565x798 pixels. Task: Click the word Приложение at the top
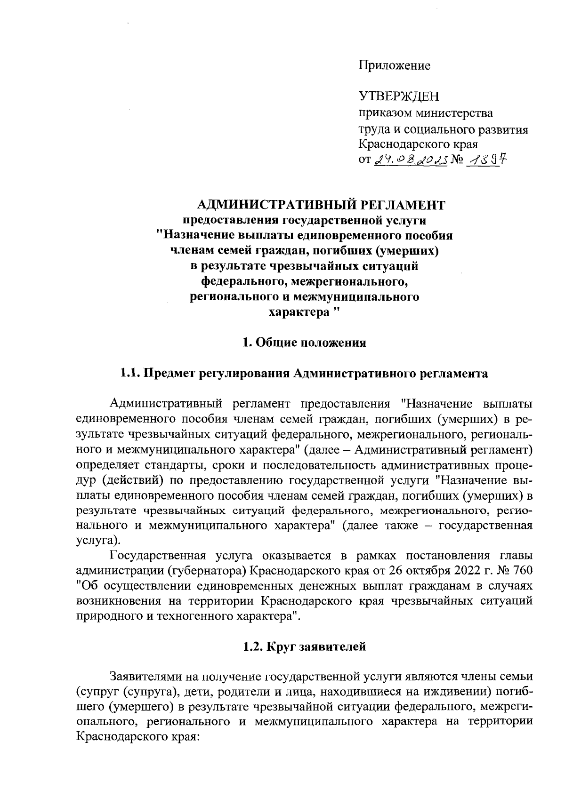(395, 66)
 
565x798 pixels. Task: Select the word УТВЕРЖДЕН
(399, 97)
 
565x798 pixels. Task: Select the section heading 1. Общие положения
(304, 343)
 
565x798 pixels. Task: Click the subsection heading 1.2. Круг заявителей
(304, 646)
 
